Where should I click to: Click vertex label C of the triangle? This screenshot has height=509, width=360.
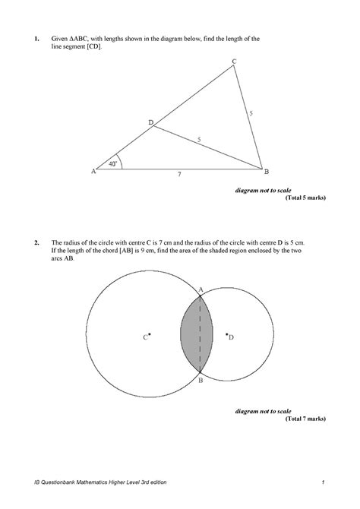234,61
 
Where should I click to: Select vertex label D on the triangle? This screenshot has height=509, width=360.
150,122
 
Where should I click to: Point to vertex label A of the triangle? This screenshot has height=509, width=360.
93,172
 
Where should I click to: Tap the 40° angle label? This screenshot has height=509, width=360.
112,163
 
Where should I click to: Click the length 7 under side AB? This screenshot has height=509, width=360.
179,175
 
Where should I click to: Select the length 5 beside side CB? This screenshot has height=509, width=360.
251,113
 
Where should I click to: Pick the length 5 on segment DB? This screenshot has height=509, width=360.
199,140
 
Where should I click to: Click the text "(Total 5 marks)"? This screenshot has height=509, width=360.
305,198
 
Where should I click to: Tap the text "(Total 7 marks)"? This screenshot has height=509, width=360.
305,419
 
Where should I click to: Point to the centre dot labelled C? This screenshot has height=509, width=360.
150,334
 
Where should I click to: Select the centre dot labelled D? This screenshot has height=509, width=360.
226,334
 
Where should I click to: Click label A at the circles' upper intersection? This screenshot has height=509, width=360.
201,289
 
